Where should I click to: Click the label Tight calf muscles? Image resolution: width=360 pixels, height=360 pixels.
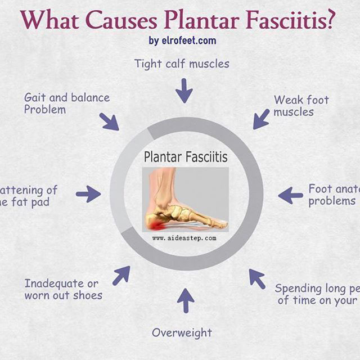point(182,64)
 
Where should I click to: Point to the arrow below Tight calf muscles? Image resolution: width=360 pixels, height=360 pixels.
point(183,91)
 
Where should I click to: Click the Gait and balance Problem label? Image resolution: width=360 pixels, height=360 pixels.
point(66,103)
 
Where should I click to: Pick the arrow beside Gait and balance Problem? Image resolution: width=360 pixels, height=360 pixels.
point(109,121)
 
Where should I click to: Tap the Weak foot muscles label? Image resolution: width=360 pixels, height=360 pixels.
point(301,106)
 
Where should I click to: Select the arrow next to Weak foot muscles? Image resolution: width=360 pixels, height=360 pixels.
point(260,119)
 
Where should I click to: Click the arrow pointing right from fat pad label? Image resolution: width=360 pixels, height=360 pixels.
point(88,195)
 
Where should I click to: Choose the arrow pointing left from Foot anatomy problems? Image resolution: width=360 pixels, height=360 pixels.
point(290,196)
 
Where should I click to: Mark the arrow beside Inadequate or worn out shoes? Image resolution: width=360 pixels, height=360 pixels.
point(121,275)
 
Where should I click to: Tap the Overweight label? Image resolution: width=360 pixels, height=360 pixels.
point(182,332)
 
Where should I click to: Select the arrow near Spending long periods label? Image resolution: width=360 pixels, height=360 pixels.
point(257,278)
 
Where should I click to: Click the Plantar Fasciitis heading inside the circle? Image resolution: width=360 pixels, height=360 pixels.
point(186,157)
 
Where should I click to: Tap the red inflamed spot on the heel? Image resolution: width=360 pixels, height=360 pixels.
point(154,223)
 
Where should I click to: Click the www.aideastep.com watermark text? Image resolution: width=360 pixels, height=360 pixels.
point(184,238)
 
